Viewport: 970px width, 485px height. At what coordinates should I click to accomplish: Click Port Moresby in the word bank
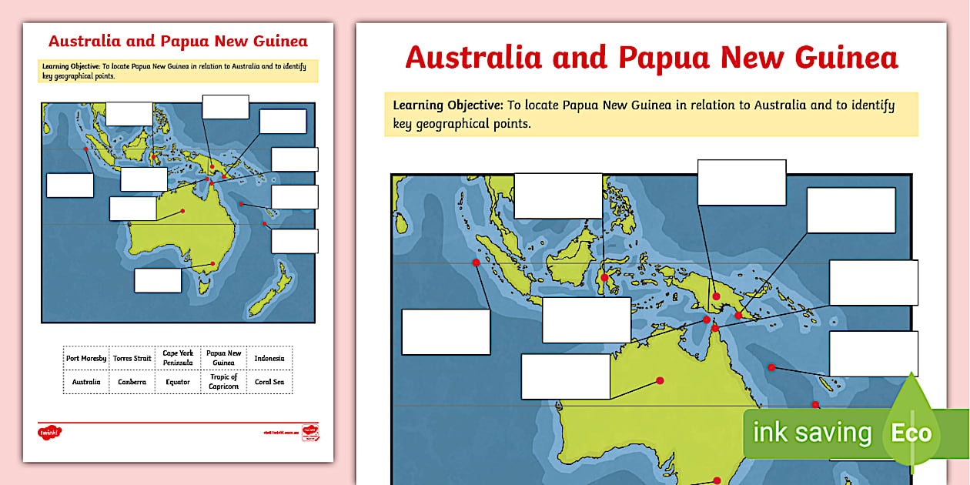pos(86,358)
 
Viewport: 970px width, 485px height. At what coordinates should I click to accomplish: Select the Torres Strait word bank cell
pos(132,358)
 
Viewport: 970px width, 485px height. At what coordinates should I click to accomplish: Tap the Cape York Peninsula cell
pos(178,358)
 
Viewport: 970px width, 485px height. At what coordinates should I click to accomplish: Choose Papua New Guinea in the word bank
pos(223,358)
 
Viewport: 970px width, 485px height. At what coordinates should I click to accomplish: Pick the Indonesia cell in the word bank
pos(269,358)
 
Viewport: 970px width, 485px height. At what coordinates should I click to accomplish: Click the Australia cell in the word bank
pos(86,382)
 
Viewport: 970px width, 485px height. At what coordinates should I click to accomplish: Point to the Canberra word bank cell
pos(132,382)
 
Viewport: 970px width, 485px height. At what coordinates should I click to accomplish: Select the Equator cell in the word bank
pos(178,382)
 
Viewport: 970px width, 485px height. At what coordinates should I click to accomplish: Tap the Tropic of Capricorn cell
pos(223,382)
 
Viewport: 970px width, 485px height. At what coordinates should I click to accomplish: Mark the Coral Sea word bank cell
pos(269,382)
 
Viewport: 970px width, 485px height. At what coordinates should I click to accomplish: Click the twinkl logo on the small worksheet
pos(49,433)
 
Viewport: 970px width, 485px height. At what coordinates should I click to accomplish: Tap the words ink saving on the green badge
pos(811,433)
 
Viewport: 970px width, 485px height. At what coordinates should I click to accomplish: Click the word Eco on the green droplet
pos(911,433)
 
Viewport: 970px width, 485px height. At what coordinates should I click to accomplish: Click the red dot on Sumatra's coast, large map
pos(476,263)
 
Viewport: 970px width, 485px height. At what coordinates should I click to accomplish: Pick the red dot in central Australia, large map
pos(660,380)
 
